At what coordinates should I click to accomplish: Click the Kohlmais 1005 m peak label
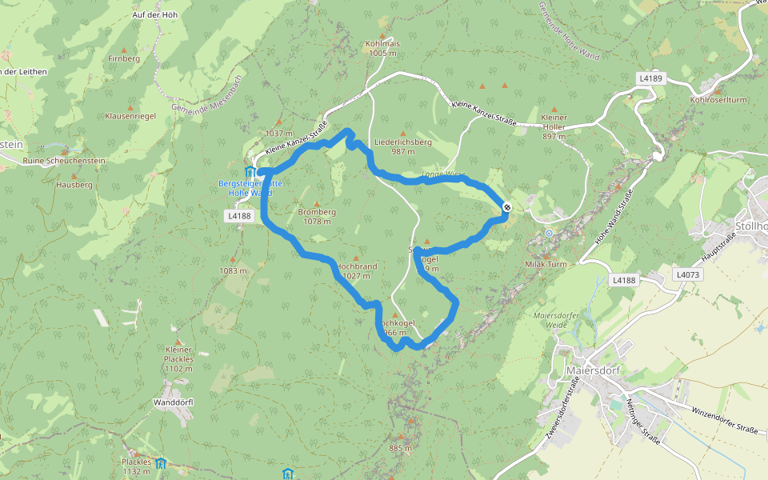383,48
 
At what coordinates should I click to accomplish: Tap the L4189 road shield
651,78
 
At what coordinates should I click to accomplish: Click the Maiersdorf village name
592,371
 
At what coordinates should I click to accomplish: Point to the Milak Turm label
546,264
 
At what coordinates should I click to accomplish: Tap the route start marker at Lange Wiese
507,207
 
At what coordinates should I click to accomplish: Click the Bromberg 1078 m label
317,216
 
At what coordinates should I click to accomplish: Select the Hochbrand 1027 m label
356,270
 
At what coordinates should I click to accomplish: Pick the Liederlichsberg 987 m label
402,146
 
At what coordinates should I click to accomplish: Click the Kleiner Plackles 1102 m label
178,359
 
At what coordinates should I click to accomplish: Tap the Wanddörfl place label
173,402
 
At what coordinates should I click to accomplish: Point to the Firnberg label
124,59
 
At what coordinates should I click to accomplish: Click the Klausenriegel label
130,116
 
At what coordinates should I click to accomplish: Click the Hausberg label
74,185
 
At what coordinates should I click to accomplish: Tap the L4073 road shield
687,274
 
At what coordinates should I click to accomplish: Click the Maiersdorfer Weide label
555,320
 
